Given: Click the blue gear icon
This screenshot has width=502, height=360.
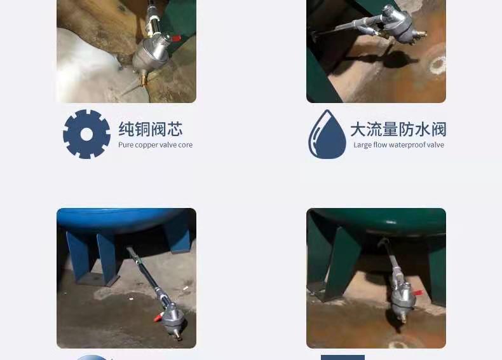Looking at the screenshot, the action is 86,134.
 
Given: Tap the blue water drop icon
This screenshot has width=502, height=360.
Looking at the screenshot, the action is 327,134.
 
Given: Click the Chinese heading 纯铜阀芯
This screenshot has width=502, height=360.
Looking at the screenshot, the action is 151,129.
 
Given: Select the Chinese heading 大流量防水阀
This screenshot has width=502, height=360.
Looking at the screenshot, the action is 398,129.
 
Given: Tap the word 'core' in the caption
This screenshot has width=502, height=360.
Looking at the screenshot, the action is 186,145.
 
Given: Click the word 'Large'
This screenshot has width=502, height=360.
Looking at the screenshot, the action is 363,145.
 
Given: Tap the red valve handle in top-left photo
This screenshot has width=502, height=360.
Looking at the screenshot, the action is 176,38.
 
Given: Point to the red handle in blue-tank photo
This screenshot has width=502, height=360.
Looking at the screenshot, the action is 158,317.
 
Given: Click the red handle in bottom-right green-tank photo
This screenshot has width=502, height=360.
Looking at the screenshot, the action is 417,293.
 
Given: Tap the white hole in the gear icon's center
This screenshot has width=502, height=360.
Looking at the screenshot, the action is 86,135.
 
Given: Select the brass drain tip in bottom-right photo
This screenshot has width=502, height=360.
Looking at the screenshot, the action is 400,318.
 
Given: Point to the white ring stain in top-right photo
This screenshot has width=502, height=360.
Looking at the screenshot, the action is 438,64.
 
